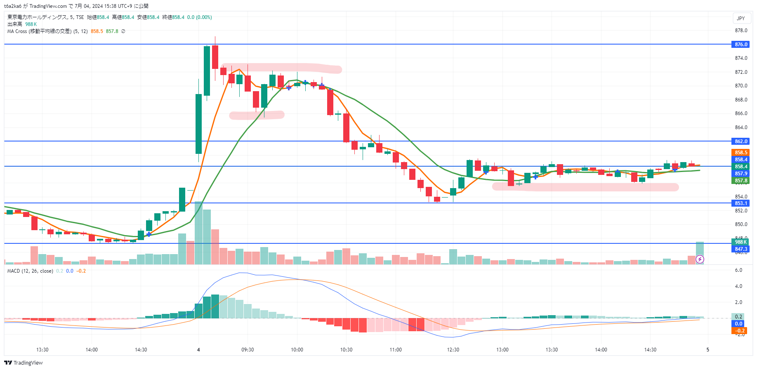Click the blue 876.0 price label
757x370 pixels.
[x=740, y=45]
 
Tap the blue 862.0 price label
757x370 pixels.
[x=740, y=141]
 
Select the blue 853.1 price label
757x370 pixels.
[x=740, y=203]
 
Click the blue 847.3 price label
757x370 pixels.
[x=740, y=249]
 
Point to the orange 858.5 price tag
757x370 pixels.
[x=740, y=153]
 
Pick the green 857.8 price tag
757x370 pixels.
[x=740, y=181]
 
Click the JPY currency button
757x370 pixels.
[x=740, y=19]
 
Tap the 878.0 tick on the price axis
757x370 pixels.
[x=740, y=31]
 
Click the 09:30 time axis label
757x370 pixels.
[x=248, y=350]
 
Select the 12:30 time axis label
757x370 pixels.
[x=453, y=350]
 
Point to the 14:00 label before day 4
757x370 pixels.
[x=92, y=350]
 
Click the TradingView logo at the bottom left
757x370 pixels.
[x=24, y=363]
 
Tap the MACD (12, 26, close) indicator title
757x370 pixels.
[x=30, y=271]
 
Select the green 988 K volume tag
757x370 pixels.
[x=740, y=242]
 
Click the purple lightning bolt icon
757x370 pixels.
[x=700, y=259]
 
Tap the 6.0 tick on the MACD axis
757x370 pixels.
[x=738, y=270]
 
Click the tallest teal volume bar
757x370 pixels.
[x=198, y=233]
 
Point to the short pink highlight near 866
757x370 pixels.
[x=257, y=115]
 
